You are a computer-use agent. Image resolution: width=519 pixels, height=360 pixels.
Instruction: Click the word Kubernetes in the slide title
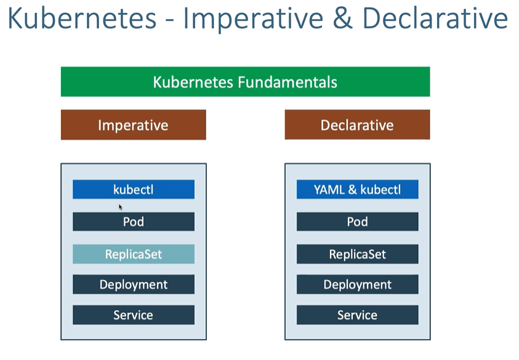coord(82,18)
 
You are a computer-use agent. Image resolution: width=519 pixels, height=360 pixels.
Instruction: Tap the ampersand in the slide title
coord(342,18)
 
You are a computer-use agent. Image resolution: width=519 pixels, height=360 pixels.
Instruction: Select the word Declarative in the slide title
coord(435,18)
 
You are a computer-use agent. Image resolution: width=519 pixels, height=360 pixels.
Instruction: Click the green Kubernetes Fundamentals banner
coord(245,82)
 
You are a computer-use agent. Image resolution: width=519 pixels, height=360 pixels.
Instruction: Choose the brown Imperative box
coord(134,125)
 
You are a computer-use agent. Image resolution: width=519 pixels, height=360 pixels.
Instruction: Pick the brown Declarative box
coord(358,125)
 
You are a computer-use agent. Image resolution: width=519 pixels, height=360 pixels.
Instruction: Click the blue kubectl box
coord(134,190)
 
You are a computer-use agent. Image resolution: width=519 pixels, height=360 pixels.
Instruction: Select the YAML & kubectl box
coord(358,190)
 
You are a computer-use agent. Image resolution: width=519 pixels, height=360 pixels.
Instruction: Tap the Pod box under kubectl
coord(134,222)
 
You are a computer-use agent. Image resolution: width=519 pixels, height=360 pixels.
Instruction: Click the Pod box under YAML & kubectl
coord(358,222)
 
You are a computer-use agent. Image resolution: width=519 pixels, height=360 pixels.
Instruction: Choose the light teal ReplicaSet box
coord(134,254)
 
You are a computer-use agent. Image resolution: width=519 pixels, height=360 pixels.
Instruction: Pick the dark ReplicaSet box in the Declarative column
coord(358,254)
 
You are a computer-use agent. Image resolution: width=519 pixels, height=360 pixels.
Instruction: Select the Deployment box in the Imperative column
coord(134,284)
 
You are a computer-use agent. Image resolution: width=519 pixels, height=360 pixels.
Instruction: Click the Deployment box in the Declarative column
coord(358,284)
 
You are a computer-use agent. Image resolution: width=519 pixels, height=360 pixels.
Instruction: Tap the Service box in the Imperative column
coord(134,314)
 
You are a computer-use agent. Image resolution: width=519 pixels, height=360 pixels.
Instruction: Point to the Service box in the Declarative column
coord(358,314)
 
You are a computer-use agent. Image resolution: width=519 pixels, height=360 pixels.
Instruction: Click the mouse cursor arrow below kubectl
coord(121,207)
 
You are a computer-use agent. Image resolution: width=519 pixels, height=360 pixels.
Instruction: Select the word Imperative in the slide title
coord(253,19)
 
